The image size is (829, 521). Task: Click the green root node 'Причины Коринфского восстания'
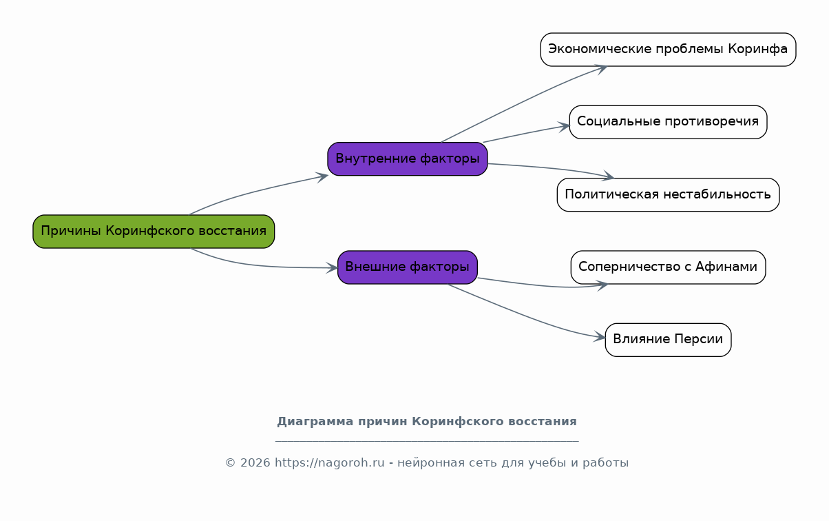pos(154,232)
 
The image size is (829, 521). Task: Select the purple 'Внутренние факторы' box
pos(408,159)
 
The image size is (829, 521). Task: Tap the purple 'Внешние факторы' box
pos(408,267)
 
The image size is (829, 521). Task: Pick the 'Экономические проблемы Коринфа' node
pos(668,50)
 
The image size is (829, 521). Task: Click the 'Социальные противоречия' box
pos(668,122)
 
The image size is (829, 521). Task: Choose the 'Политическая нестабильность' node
pos(668,195)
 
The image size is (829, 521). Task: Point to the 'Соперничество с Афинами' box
pos(668,267)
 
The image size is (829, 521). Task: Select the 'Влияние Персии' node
pos(668,340)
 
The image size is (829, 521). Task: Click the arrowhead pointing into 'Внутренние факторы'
pos(322,177)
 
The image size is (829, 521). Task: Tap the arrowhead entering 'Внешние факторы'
pos(332,267)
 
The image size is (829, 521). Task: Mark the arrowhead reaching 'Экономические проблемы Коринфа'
pos(600,69)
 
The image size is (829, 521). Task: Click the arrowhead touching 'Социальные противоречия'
pos(564,127)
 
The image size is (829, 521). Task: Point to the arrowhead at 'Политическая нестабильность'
pos(607,176)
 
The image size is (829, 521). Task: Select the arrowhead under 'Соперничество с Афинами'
pos(601,286)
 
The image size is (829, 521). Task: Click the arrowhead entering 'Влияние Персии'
pos(599,336)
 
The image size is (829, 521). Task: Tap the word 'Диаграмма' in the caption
pos(315,421)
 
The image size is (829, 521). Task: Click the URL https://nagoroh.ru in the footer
pos(329,463)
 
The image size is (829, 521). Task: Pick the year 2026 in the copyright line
pos(255,463)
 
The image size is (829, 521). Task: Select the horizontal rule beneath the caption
pos(427,441)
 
